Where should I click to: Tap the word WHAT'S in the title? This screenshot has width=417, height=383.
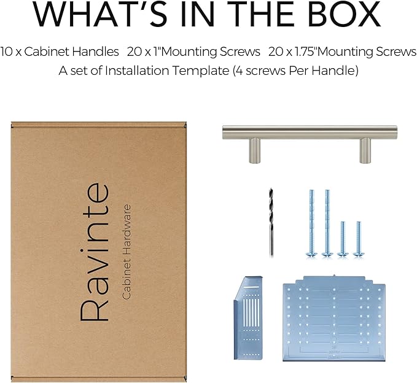click(x=100, y=14)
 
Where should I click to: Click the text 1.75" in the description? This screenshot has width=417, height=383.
click(x=306, y=52)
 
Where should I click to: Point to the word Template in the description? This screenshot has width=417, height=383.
click(x=201, y=71)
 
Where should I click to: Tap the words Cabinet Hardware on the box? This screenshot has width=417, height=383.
click(x=127, y=252)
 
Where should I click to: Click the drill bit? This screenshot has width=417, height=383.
click(x=271, y=222)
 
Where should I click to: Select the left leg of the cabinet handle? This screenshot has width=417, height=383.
click(x=254, y=150)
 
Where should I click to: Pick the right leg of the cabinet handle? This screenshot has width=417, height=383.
click(x=365, y=150)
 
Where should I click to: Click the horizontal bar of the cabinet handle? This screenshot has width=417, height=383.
click(x=310, y=132)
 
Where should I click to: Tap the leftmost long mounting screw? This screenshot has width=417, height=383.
click(x=312, y=223)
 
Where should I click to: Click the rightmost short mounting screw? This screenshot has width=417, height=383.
click(x=359, y=239)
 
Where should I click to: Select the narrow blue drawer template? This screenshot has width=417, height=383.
click(x=248, y=318)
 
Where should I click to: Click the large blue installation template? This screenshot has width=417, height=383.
click(x=334, y=319)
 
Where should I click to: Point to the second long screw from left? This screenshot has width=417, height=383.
click(x=327, y=223)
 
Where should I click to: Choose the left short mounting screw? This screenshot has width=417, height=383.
click(x=343, y=239)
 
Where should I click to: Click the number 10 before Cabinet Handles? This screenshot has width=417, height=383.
click(x=7, y=52)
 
